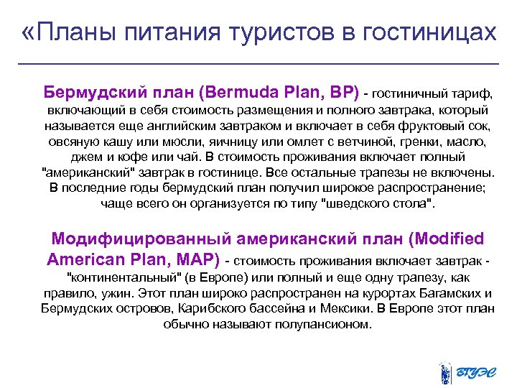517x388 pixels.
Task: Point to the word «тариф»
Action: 471,94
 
